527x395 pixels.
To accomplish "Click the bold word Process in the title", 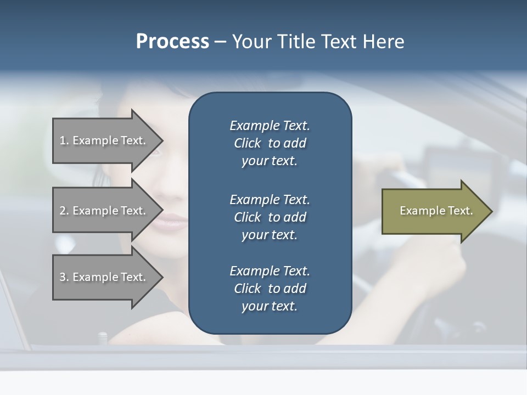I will [x=172, y=42].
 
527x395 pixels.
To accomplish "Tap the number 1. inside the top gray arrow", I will [x=64, y=140].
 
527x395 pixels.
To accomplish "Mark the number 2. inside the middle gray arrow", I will [x=64, y=211].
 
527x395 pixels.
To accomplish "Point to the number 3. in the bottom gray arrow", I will [x=64, y=277].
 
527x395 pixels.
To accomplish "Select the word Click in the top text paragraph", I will [x=247, y=143].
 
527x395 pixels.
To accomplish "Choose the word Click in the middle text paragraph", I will [x=247, y=217].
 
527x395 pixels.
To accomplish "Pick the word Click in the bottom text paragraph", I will [x=247, y=289].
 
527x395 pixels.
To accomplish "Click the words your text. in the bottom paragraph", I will [x=270, y=306].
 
